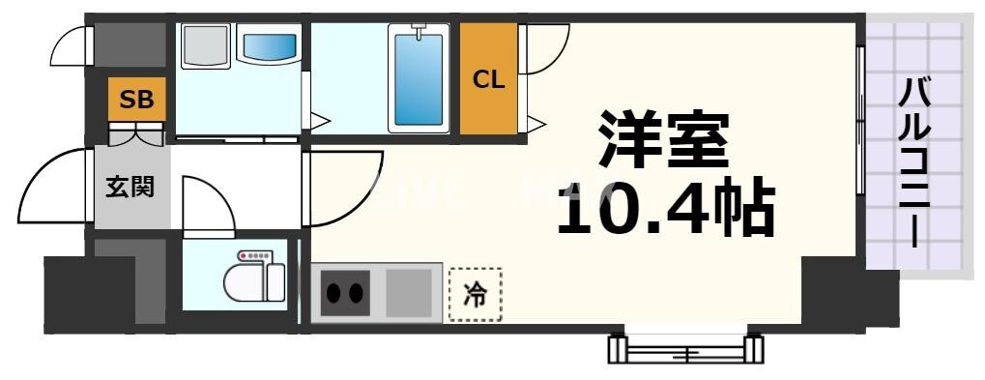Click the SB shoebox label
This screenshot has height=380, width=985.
[x=136, y=99]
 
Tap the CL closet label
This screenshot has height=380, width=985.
[x=488, y=80]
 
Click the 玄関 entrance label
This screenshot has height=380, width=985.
[x=130, y=186]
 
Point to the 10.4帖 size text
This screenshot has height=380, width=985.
[x=665, y=207]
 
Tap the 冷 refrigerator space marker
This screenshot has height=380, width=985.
[x=475, y=295]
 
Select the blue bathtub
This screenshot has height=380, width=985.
[x=419, y=79]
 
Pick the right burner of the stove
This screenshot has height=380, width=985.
[x=356, y=293]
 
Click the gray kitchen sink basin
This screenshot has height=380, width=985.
[x=409, y=293]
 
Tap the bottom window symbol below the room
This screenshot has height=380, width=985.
[x=685, y=348]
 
